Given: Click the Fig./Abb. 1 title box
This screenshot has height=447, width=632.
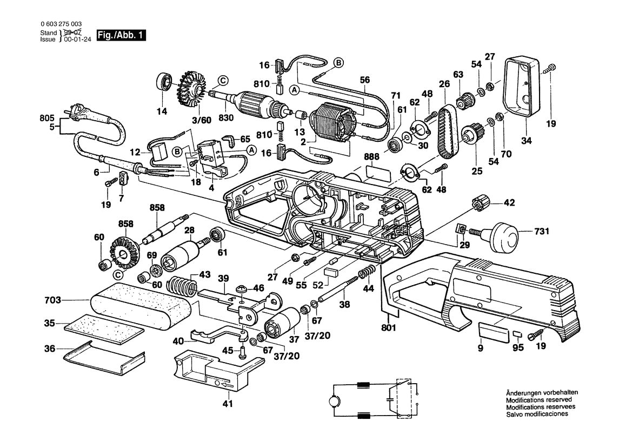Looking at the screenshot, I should click(121, 36).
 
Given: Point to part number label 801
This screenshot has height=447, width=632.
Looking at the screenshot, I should click(388, 327).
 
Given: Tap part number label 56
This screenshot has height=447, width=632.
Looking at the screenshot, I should click(365, 79).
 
